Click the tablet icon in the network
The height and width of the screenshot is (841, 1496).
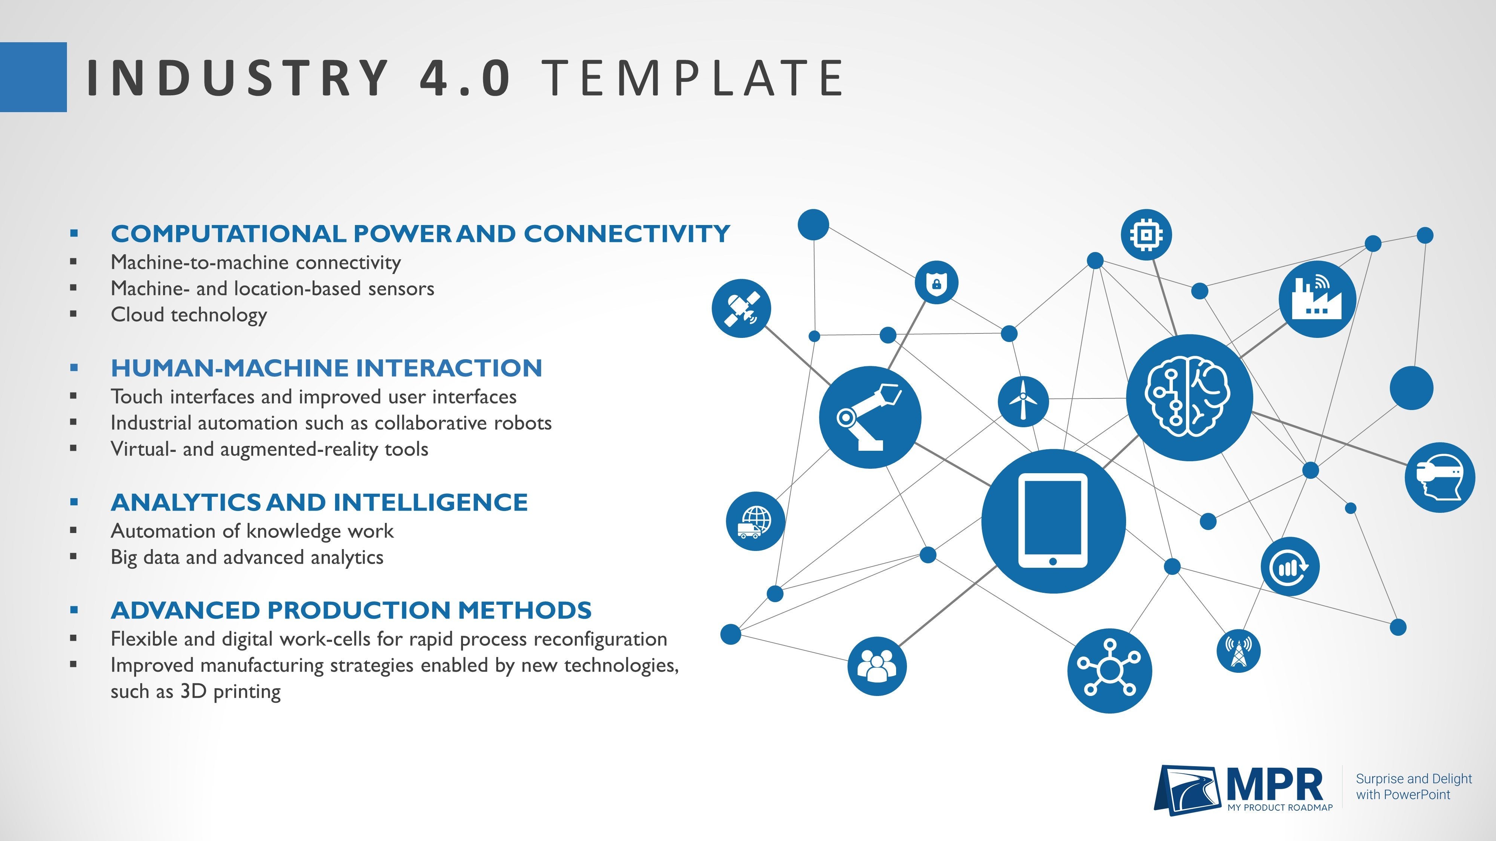tap(1053, 521)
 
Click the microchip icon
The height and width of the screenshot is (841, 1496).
tap(1146, 234)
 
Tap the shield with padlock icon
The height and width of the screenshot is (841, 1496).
tap(936, 283)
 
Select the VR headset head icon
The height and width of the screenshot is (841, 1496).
tap(1440, 477)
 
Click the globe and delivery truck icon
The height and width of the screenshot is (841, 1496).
tap(755, 521)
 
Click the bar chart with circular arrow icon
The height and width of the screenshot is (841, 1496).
tap(1290, 567)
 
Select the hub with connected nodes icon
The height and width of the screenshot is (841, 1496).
tap(1109, 670)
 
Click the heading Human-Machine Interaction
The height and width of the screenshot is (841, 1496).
tap(327, 368)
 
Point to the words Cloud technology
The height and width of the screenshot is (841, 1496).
tap(189, 315)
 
